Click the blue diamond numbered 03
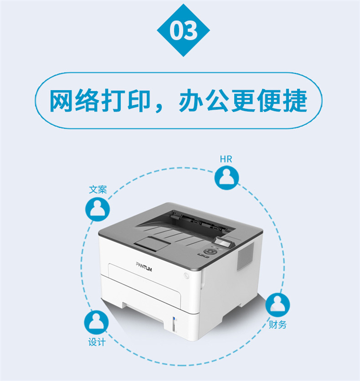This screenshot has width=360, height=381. [183, 30]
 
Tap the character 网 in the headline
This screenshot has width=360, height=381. [61, 100]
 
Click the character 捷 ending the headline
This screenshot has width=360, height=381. [295, 100]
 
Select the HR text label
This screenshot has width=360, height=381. [226, 159]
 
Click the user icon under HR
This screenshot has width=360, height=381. [227, 178]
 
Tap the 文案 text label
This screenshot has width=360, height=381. [98, 190]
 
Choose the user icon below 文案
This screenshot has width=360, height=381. [97, 209]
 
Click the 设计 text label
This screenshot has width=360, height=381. [97, 342]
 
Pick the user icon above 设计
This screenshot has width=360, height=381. [96, 322]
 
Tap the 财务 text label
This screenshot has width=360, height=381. [277, 324]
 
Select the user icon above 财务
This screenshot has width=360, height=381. [277, 305]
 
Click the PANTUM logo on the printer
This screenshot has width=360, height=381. [144, 267]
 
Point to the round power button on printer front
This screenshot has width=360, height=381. [186, 276]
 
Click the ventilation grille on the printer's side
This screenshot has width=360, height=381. [245, 256]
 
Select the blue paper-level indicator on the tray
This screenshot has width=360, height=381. [174, 319]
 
